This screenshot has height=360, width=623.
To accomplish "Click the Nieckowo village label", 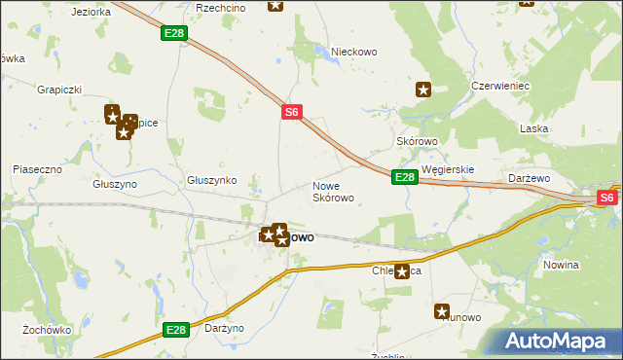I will click(353, 52).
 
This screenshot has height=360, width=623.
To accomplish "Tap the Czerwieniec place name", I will click(499, 86).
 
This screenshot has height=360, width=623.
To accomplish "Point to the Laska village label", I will click(535, 128).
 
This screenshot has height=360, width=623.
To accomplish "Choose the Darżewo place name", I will click(531, 179).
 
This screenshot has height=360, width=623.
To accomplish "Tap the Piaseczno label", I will click(37, 169).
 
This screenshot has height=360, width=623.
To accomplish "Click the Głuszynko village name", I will click(212, 180).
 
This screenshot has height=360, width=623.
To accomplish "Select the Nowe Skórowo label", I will click(333, 191).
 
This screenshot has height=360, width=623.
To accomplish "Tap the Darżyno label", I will click(225, 329).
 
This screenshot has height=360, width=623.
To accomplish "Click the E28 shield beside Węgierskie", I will click(405, 177).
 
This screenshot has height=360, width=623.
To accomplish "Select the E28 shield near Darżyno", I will click(175, 331).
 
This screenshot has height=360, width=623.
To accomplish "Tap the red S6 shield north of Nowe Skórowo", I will click(291, 113).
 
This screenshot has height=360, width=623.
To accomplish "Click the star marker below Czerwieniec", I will click(423, 90).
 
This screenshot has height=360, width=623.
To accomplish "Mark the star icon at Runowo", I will click(443, 312).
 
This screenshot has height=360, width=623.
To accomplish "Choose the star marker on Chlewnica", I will click(401, 271).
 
